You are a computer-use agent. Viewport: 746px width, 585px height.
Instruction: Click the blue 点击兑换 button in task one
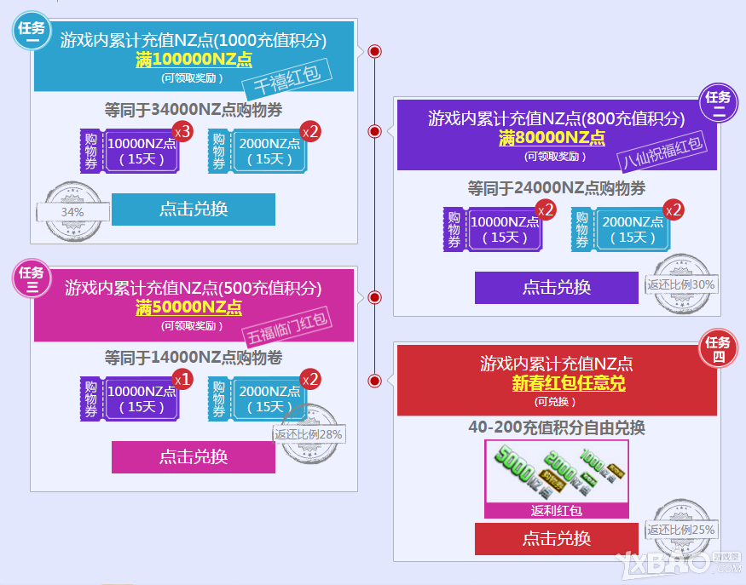click(194, 209)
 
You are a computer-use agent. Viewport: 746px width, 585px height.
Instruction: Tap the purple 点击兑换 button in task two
click(557, 288)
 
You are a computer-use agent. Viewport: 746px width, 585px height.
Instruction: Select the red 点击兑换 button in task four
click(557, 538)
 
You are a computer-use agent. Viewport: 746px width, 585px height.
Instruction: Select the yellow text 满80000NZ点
click(552, 138)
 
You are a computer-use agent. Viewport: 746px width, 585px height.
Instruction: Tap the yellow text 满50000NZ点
click(188, 308)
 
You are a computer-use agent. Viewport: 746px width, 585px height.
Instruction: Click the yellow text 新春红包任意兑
click(569, 384)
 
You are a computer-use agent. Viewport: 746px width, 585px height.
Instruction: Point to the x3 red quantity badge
click(182, 131)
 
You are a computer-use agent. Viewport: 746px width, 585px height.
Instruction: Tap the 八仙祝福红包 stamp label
click(662, 152)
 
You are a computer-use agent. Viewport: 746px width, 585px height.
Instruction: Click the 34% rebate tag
click(72, 211)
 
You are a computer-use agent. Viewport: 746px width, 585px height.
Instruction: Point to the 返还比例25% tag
click(680, 530)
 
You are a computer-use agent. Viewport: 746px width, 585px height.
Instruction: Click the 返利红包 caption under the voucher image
click(556, 511)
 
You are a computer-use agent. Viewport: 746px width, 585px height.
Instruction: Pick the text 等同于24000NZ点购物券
click(556, 187)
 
